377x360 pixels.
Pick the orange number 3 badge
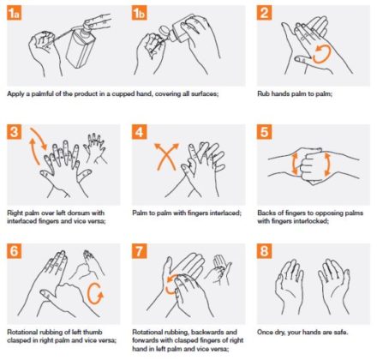15,132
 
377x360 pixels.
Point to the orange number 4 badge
140,132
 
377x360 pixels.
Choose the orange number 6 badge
15,252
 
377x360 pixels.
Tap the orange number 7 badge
140,252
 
